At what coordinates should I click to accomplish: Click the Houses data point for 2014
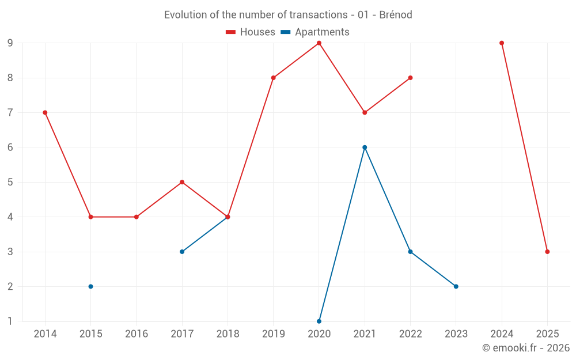point(45,112)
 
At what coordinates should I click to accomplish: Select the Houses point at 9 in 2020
point(319,43)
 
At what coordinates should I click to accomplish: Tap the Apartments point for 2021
point(365,147)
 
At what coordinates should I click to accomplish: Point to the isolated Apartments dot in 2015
point(90,286)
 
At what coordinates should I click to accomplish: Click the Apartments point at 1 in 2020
point(319,321)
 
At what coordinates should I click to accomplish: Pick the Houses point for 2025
point(547,252)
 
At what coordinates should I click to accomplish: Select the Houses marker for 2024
point(502,43)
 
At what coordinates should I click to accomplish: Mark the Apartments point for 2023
point(456,286)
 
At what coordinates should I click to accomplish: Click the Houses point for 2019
point(273,78)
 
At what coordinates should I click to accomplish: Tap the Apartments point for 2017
point(182,252)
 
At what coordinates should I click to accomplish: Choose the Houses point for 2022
point(410,78)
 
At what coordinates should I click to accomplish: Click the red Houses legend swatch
point(231,32)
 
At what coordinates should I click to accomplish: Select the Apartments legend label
point(322,32)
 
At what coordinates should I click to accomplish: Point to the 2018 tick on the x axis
point(228,334)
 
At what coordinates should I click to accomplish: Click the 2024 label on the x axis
point(502,334)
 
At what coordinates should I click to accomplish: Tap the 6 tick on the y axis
point(10,147)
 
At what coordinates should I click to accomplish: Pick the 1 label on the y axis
point(10,321)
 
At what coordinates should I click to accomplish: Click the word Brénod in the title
point(396,15)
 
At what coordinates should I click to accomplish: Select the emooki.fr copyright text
point(526,348)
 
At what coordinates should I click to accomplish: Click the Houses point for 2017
point(182,182)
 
